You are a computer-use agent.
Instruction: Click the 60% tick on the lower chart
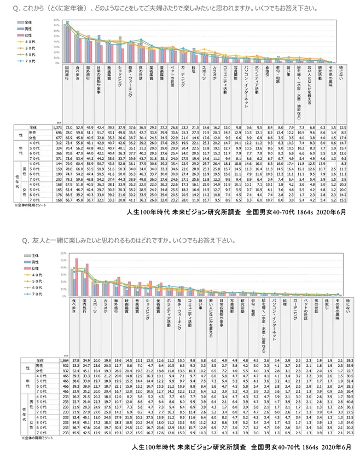click(x=63, y=253)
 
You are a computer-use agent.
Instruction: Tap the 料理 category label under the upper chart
click(x=193, y=71)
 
